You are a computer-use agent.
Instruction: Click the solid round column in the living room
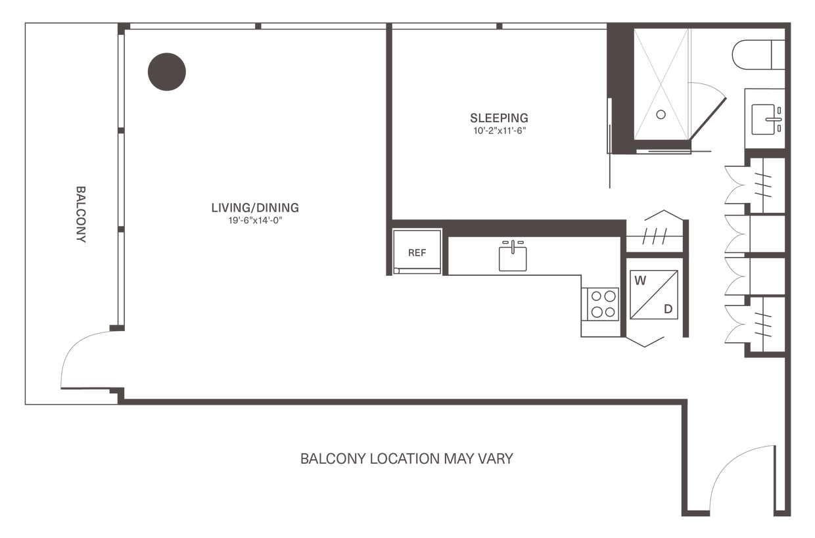(x=167, y=72)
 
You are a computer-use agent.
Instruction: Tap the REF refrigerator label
(x=417, y=253)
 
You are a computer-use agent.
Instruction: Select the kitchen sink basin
(x=513, y=259)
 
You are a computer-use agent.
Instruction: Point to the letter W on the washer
(x=640, y=280)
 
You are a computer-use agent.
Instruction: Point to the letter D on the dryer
(x=668, y=309)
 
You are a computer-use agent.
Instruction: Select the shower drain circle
(x=661, y=114)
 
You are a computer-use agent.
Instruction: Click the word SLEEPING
(x=499, y=118)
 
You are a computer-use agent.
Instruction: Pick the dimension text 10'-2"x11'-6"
(x=500, y=131)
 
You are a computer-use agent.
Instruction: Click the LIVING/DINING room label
(x=255, y=208)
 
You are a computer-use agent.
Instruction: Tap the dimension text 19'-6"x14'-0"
(x=256, y=221)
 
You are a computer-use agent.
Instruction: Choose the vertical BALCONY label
(x=81, y=214)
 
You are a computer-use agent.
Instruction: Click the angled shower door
(x=708, y=119)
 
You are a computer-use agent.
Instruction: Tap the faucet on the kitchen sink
(x=513, y=246)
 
